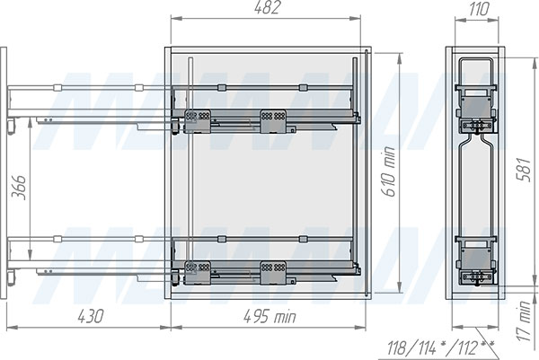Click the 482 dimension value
tap(268, 7)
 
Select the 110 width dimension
tap(478, 9)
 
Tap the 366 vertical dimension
tap(19, 188)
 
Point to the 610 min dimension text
tap(389, 171)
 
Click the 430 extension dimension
tap(91, 316)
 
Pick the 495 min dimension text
tap(269, 316)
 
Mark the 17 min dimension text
tap(524, 321)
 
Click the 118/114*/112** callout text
tap(441, 348)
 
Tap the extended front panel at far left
tap(4, 172)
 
